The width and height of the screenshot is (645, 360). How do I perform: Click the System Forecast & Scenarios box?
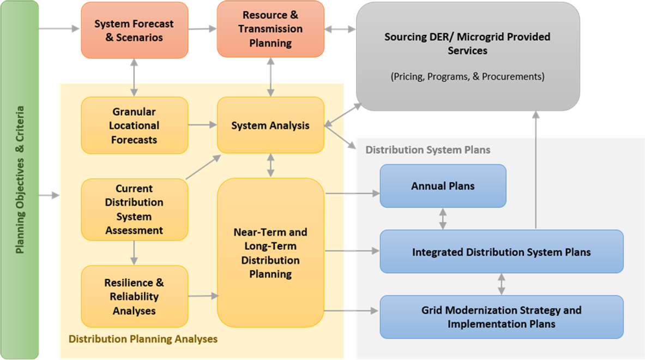134,30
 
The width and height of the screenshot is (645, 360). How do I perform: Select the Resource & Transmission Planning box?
270,29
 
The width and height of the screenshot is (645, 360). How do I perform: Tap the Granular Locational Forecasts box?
134,125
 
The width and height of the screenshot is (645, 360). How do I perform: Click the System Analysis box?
270,125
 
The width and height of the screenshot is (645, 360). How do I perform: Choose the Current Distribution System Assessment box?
134,209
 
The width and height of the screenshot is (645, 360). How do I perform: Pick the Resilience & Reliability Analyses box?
134,296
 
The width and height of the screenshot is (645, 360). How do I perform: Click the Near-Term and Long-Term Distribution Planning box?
270,253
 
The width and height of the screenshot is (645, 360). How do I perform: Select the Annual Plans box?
443,186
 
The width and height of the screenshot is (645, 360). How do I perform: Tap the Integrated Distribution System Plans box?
501,251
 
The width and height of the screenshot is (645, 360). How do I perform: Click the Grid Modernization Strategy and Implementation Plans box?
501,317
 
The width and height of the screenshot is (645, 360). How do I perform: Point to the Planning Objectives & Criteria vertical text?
20,180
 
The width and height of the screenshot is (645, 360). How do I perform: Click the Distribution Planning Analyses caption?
143,339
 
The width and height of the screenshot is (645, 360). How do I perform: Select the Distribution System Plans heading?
427,149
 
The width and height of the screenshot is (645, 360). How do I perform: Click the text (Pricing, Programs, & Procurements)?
467,77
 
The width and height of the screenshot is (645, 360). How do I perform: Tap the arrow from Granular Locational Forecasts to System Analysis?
202,125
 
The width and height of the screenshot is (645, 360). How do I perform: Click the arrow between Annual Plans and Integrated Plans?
443,218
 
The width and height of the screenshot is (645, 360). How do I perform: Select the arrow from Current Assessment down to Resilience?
134,253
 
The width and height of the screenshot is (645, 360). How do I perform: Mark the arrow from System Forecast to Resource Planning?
202,29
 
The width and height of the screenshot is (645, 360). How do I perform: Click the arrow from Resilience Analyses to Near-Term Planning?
202,296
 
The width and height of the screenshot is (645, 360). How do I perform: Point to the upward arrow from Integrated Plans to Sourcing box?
535,169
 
